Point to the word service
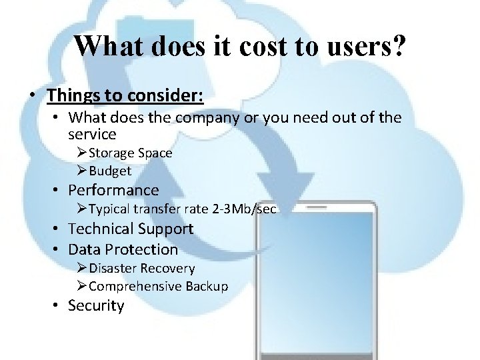pyautogui.click(x=92, y=133)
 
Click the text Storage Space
pyautogui.click(x=130, y=153)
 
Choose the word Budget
pyautogui.click(x=110, y=171)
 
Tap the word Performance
pyautogui.click(x=113, y=190)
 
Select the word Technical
pyautogui.click(x=101, y=229)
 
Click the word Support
pyautogui.click(x=165, y=229)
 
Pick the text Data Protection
pyautogui.click(x=123, y=249)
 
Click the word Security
pyautogui.click(x=96, y=305)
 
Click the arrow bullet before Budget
pyautogui.click(x=81, y=171)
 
